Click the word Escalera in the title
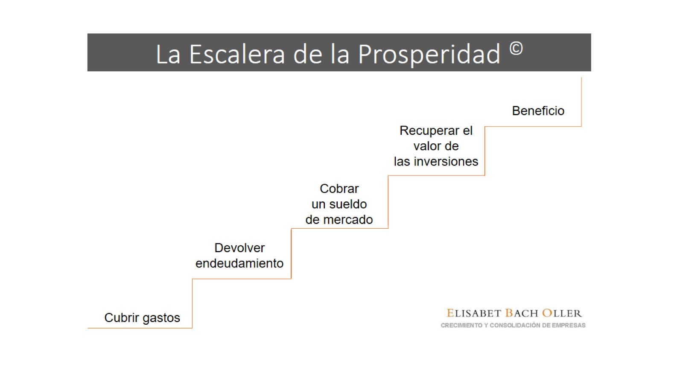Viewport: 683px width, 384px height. click(237, 54)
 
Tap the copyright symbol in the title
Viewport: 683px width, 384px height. click(516, 49)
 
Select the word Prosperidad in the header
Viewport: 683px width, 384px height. click(429, 55)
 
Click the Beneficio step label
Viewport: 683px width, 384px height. click(538, 111)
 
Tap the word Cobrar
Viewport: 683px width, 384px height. click(339, 189)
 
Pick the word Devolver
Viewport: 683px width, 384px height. click(239, 248)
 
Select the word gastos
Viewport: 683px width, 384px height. click(161, 318)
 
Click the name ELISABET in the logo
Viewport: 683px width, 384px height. click(474, 313)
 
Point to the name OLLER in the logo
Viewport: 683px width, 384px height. click(562, 313)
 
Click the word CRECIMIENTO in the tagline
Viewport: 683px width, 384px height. click(461, 326)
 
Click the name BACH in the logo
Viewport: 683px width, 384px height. click(522, 313)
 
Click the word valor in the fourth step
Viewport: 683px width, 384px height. click(425, 146)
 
